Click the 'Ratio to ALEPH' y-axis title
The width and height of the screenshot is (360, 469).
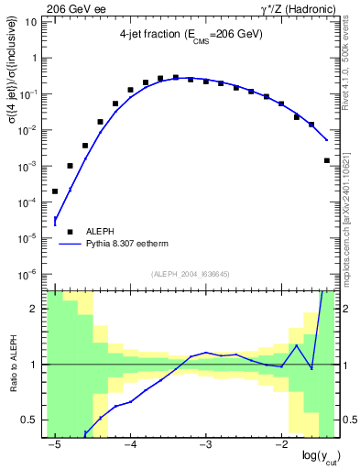(x=13, y=364)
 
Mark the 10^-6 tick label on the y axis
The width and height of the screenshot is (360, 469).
(x=27, y=274)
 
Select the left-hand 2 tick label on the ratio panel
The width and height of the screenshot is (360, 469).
(x=34, y=309)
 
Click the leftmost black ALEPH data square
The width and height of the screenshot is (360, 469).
(x=55, y=191)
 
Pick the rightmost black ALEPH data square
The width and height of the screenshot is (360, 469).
(x=327, y=160)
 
